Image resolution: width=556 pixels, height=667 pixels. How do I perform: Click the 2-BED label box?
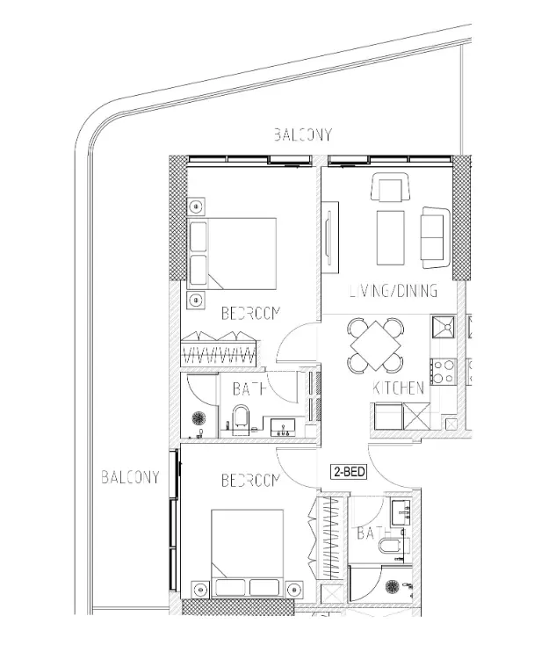(x=349, y=472)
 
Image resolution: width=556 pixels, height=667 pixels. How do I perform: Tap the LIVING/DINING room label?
(x=394, y=291)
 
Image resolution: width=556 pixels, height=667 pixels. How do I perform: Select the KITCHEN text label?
(x=398, y=388)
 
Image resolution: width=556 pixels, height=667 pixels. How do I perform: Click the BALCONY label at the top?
(x=302, y=134)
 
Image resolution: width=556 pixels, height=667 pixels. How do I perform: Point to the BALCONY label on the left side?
(x=130, y=477)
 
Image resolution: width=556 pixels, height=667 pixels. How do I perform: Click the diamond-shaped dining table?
(x=375, y=345)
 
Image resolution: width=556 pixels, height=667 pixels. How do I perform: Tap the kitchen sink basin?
(x=444, y=327)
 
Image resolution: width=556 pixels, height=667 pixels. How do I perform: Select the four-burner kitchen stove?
(x=444, y=372)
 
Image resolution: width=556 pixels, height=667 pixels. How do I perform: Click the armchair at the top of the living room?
(x=391, y=187)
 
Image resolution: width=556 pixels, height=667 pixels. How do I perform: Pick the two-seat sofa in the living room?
(x=436, y=238)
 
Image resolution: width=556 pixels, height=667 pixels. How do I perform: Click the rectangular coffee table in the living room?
(x=390, y=238)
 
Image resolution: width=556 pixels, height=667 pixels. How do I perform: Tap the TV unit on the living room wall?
(x=330, y=237)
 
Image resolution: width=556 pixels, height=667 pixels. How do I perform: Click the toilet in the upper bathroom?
(x=241, y=419)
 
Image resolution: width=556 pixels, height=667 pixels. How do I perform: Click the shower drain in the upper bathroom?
(x=199, y=418)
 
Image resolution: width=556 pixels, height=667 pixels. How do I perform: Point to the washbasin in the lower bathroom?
(x=401, y=513)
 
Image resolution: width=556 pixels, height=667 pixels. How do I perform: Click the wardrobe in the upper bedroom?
(x=219, y=349)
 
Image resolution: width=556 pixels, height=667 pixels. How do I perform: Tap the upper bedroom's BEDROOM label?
(x=251, y=314)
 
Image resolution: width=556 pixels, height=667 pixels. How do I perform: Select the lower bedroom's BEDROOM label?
(x=251, y=481)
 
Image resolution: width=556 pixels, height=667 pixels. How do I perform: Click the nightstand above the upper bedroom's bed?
(x=196, y=207)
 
